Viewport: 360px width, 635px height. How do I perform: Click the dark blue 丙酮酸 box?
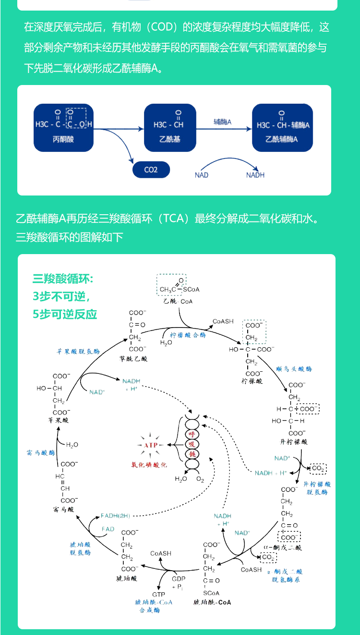[63, 128]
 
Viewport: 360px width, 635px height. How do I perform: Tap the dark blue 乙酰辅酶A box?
[283, 128]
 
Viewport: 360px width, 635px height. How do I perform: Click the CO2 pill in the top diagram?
[151, 170]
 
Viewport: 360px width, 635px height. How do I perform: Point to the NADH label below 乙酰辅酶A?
[255, 175]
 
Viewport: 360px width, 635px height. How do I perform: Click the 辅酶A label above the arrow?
[223, 122]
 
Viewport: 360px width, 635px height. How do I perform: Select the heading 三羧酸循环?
[63, 279]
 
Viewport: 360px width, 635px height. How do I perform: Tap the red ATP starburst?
[151, 445]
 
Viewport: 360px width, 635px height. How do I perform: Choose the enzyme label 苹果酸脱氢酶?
[78, 351]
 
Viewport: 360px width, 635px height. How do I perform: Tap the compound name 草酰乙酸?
[133, 358]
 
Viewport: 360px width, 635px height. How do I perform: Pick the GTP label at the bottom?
[159, 594]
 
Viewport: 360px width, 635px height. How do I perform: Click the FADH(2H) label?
[115, 515]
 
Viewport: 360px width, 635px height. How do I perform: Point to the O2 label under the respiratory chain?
[200, 479]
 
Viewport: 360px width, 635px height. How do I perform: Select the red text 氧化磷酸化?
[149, 465]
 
